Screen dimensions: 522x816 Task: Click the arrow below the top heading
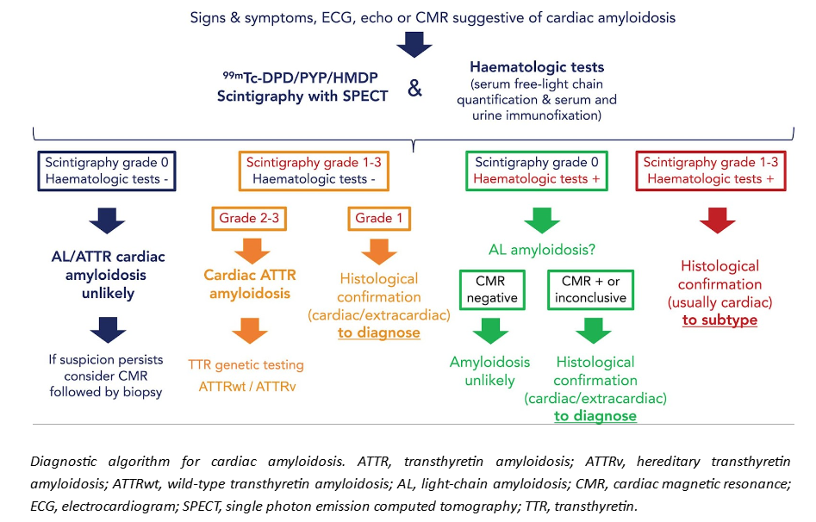coord(414,44)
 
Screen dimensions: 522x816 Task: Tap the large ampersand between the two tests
coord(414,89)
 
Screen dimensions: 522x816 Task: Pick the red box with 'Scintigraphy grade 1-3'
coord(710,171)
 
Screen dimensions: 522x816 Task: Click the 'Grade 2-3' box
coord(248,218)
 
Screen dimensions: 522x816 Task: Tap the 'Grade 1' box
coord(379,218)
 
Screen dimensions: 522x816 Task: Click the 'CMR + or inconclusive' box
coord(589,290)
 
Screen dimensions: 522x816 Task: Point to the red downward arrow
coord(718,220)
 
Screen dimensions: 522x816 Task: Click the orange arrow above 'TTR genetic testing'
coord(249,329)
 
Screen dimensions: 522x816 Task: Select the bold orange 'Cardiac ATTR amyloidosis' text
coord(250,285)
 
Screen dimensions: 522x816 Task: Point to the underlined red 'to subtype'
coord(719,320)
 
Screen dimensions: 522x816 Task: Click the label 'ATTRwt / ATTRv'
coord(249,387)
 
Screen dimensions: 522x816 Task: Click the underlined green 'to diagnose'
coord(595,416)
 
